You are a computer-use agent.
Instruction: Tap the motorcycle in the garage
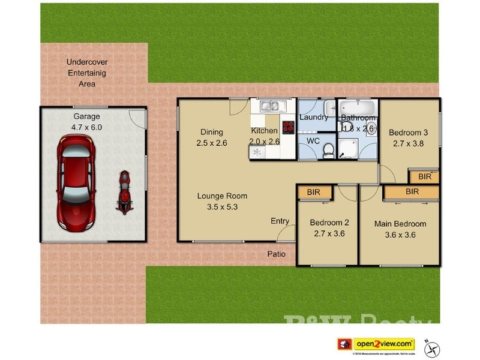tap(124, 193)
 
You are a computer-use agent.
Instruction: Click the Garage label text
tap(87, 116)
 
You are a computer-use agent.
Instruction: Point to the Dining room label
tap(211, 132)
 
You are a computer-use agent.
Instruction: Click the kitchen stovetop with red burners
tap(288, 127)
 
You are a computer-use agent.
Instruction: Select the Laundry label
tap(314, 118)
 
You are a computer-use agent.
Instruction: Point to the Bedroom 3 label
tap(408, 133)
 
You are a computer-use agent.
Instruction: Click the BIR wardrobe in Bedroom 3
tap(424, 177)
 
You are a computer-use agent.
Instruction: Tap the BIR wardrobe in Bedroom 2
tap(313, 193)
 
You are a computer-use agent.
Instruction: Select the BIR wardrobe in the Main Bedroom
tap(412, 192)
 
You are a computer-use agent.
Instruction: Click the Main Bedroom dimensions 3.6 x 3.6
tap(400, 235)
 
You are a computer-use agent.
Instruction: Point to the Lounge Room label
tap(223, 196)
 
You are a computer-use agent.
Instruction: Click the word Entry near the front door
tap(280, 221)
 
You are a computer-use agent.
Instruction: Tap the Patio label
tap(276, 254)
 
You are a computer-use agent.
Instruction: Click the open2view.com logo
tap(384, 344)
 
